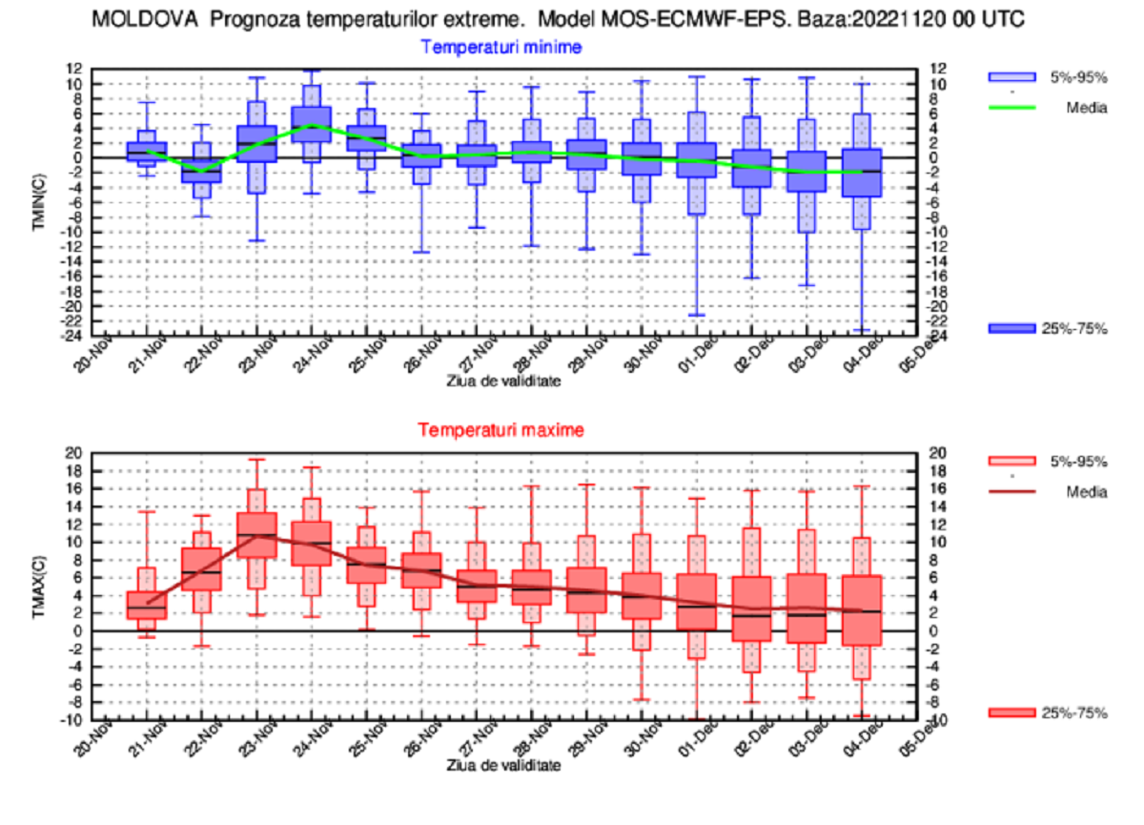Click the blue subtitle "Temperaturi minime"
point(501,47)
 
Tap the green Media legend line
point(1011,108)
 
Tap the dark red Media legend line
point(1011,492)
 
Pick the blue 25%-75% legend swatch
point(1011,328)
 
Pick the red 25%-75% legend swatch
point(1011,712)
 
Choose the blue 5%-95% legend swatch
point(1011,77)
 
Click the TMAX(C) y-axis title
point(41,585)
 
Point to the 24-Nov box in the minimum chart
point(312,124)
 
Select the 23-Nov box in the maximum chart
point(256,535)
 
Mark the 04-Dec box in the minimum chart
point(862,173)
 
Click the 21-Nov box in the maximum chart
point(146,606)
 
